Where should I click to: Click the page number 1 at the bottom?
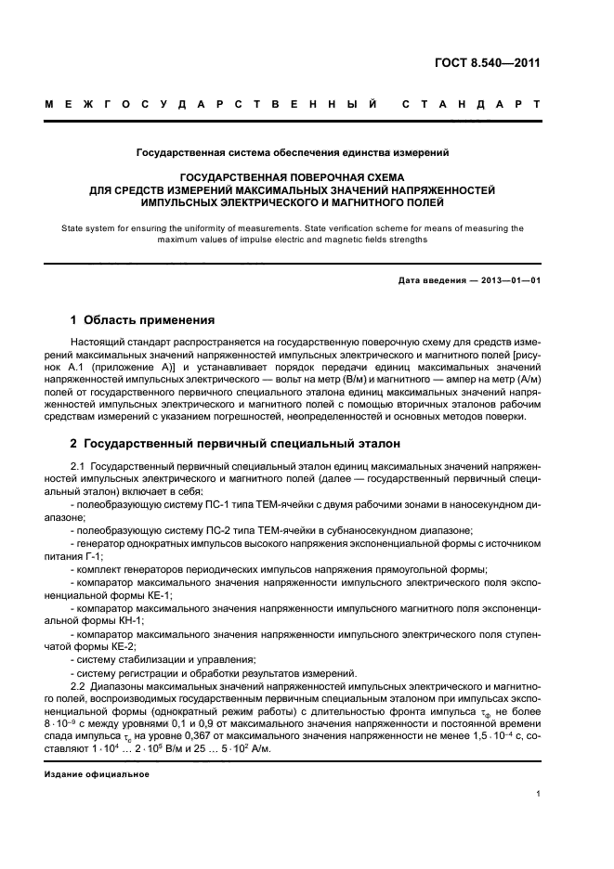pos(538,794)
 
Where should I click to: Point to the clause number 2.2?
pos(78,685)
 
